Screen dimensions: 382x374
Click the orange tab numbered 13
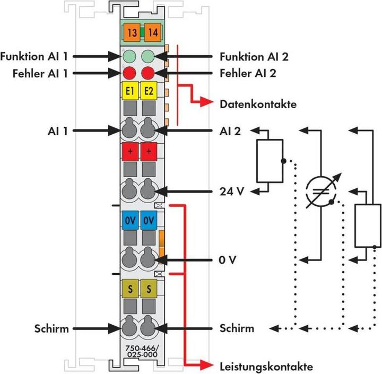(132, 33)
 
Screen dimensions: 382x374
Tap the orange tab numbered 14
(153, 33)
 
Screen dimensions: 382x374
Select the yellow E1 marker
(130, 91)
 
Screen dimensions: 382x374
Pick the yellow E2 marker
(149, 91)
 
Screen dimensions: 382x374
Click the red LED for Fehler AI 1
(129, 73)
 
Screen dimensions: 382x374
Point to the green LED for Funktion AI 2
(147, 56)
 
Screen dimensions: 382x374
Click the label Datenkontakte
(258, 105)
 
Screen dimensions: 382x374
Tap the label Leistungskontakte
(266, 367)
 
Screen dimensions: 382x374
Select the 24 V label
(232, 192)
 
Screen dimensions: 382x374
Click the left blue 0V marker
(130, 221)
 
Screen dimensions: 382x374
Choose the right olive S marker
(149, 289)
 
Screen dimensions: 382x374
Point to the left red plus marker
(130, 151)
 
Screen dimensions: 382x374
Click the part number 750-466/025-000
(142, 351)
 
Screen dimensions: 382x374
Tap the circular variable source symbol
(321, 191)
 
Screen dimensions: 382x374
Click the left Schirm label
(51, 328)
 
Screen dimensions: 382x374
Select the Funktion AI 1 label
(34, 56)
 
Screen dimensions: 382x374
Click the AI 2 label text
(230, 131)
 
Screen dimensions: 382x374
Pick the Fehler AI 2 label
(248, 73)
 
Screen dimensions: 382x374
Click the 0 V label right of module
(228, 260)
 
